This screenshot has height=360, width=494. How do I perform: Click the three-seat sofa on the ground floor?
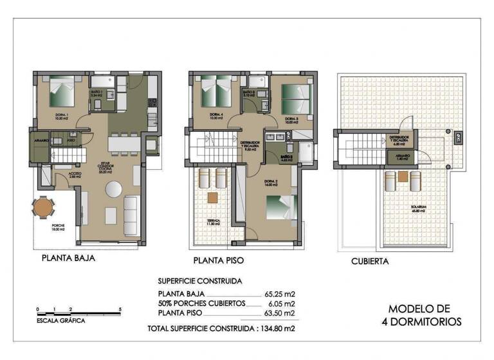[131, 210]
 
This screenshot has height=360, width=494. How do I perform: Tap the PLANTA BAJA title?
[68, 260]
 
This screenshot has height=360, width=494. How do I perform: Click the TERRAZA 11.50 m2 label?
[214, 222]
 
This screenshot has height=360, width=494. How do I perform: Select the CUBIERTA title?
[369, 262]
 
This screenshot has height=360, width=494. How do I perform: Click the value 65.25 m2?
[280, 294]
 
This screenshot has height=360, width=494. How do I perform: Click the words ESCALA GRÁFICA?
[60, 320]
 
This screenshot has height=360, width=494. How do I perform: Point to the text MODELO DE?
[419, 309]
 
